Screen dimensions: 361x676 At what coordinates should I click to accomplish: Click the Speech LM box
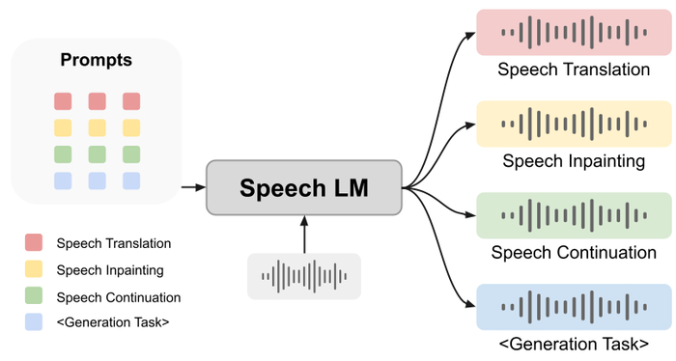[303, 187]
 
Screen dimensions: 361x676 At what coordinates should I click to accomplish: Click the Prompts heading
[97, 60]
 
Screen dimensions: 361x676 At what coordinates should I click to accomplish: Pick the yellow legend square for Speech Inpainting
[35, 270]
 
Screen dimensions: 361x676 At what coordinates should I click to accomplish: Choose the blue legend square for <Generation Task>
[35, 322]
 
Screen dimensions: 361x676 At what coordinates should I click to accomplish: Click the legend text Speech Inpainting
[109, 270]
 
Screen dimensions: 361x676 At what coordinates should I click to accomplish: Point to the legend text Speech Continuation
[119, 297]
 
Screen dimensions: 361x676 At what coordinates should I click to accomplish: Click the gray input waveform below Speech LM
[303, 276]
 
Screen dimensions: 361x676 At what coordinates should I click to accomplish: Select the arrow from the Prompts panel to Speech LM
[193, 186]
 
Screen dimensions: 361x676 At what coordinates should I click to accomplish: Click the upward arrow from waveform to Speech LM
[303, 234]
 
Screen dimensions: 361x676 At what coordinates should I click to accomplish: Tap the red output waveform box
[574, 33]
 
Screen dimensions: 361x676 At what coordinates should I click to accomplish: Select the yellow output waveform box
[574, 124]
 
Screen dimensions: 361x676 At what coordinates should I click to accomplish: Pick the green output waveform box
[574, 215]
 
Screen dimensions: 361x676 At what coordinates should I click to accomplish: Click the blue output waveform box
[574, 306]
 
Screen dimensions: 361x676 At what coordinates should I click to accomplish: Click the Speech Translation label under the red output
[574, 70]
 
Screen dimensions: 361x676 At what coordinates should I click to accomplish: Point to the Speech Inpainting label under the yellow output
[574, 161]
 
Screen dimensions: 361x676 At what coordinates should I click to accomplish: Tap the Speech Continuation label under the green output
[574, 253]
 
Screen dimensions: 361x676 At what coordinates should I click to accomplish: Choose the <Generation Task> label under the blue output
[574, 344]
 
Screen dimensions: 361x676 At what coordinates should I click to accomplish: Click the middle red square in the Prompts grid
[97, 101]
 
